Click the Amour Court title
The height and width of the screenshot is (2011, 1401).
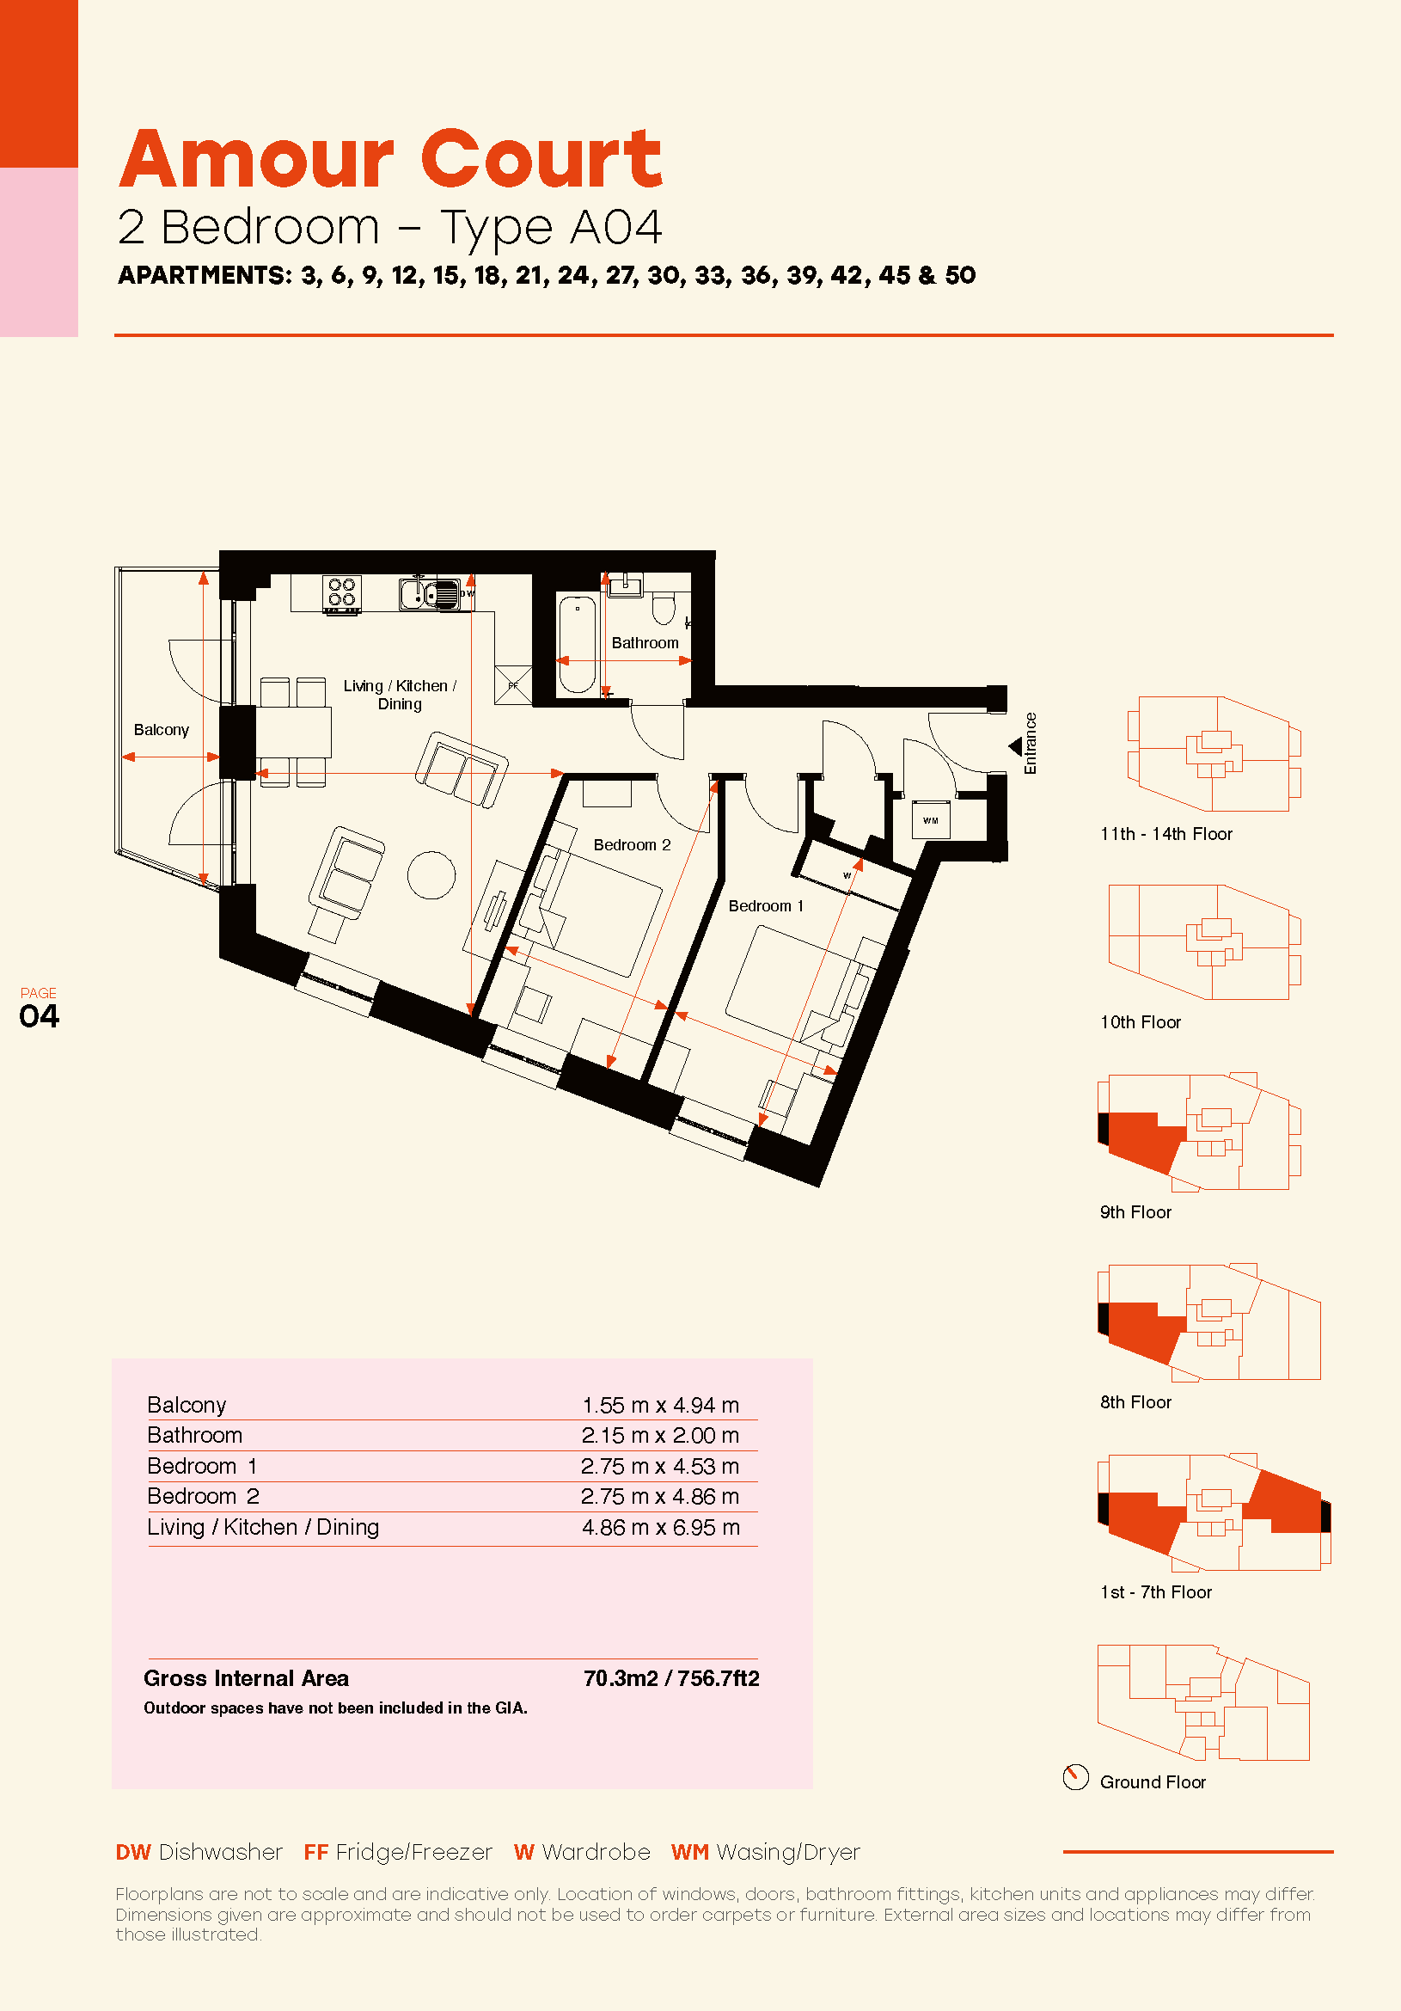point(390,158)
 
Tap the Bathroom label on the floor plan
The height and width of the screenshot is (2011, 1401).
point(645,643)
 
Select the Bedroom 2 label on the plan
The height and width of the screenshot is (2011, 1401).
point(632,845)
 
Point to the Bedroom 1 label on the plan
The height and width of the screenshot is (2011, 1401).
point(765,906)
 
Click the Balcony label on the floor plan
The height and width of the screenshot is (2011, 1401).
point(161,730)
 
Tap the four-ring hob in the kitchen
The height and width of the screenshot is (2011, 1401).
point(341,593)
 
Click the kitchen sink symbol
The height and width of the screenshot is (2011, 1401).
point(429,593)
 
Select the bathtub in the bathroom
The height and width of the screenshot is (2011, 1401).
point(577,644)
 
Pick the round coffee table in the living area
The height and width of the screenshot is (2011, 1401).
point(431,874)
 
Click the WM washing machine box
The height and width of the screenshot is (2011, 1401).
point(931,820)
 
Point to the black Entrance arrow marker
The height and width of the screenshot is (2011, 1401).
point(1016,746)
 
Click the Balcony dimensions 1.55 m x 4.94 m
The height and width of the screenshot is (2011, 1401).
point(660,1406)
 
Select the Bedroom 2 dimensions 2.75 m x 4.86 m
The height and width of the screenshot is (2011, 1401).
point(660,1497)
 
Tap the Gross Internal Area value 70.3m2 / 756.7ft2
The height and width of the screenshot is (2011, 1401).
point(671,1678)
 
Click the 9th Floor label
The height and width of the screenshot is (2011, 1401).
point(1135,1212)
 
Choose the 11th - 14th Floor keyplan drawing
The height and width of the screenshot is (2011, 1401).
point(1214,754)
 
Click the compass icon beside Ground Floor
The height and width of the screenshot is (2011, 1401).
point(1075,1777)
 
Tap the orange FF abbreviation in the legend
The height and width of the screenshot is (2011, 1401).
point(316,1853)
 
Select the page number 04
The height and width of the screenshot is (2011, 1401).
point(40,1016)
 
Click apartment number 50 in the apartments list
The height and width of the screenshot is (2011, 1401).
point(961,275)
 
